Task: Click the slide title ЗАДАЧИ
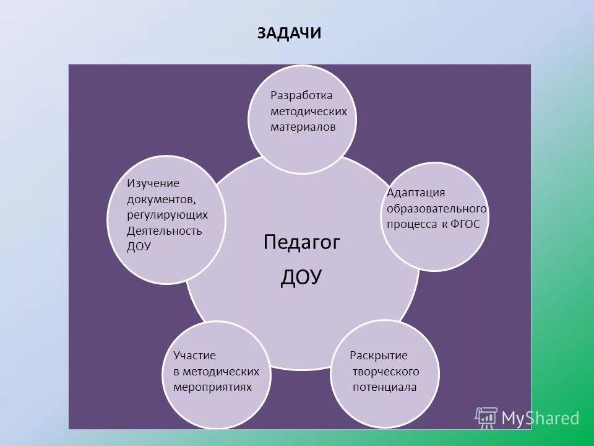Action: pyautogui.click(x=289, y=33)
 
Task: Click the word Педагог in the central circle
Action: pyautogui.click(x=302, y=242)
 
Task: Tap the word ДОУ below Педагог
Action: pyautogui.click(x=301, y=277)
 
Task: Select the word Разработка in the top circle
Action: pyautogui.click(x=301, y=95)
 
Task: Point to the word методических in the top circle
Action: pyautogui.click(x=309, y=111)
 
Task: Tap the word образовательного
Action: pyautogui.click(x=437, y=209)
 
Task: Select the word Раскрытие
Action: pyautogui.click(x=379, y=356)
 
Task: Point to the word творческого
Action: pyautogui.click(x=385, y=372)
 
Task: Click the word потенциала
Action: pyautogui.click(x=384, y=387)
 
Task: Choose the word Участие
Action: pyautogui.click(x=194, y=356)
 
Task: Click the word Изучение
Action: pyautogui.click(x=153, y=183)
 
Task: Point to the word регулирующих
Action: pyautogui.click(x=167, y=214)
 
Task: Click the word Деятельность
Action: pyautogui.click(x=164, y=231)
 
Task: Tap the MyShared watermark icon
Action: pyautogui.click(x=486, y=418)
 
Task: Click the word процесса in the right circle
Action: pyautogui.click(x=412, y=224)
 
